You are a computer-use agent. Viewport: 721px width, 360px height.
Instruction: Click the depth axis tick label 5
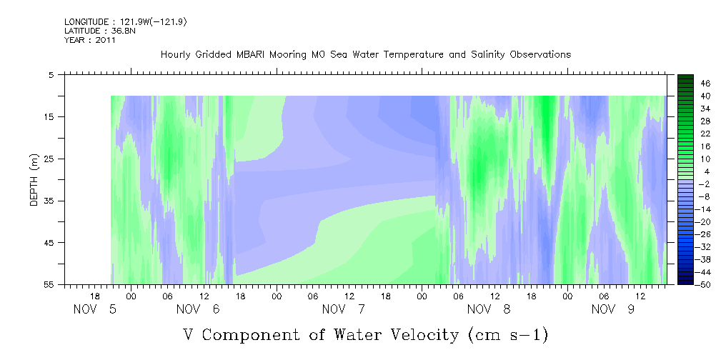pyautogui.click(x=51, y=74)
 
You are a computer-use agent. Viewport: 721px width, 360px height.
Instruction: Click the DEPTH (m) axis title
pyautogui.click(x=34, y=180)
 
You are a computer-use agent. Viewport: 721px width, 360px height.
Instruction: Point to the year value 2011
pyautogui.click(x=104, y=40)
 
